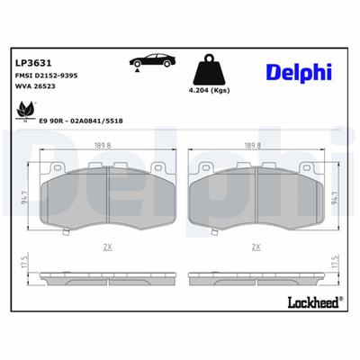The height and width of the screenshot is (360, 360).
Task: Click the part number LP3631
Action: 32,63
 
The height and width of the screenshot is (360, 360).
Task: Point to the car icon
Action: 150,61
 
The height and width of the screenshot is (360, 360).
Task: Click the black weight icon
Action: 211,67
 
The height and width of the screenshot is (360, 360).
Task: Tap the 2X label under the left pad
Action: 107,245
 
